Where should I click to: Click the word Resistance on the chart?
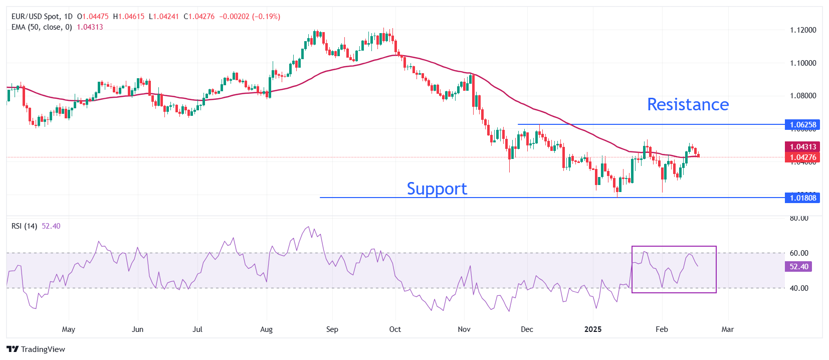click(x=688, y=104)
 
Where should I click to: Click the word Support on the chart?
click(x=437, y=189)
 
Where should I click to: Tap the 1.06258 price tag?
click(x=803, y=124)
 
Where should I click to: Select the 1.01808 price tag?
click(x=803, y=198)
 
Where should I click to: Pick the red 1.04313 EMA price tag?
click(x=803, y=146)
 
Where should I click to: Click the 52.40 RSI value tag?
click(x=798, y=267)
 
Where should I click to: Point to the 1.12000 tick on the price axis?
click(x=803, y=30)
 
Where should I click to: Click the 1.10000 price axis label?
click(x=803, y=63)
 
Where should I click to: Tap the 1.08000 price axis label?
click(x=803, y=96)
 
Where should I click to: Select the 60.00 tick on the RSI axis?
click(x=799, y=253)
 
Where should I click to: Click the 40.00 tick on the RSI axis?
click(x=799, y=288)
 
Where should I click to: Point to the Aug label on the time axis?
click(x=267, y=329)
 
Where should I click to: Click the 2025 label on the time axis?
click(x=593, y=329)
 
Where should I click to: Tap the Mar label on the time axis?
click(x=727, y=329)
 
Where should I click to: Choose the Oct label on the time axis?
click(x=395, y=329)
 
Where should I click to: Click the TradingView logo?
click(x=36, y=349)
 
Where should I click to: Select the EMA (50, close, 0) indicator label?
click(x=42, y=27)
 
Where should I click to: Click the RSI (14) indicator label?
click(x=24, y=226)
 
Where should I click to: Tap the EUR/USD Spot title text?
click(x=35, y=17)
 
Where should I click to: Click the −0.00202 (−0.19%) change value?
click(x=250, y=17)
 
